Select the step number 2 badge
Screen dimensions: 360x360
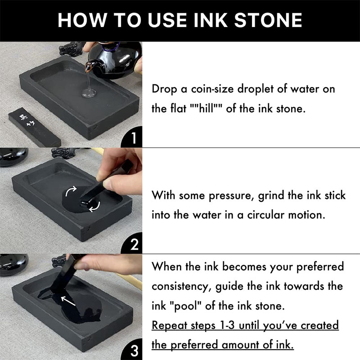point(134,244)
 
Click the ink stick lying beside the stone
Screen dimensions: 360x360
point(35,127)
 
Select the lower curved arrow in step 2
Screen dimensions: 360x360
point(95,207)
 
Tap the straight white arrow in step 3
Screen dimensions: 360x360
point(68,301)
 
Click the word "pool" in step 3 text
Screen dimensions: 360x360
point(186,306)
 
